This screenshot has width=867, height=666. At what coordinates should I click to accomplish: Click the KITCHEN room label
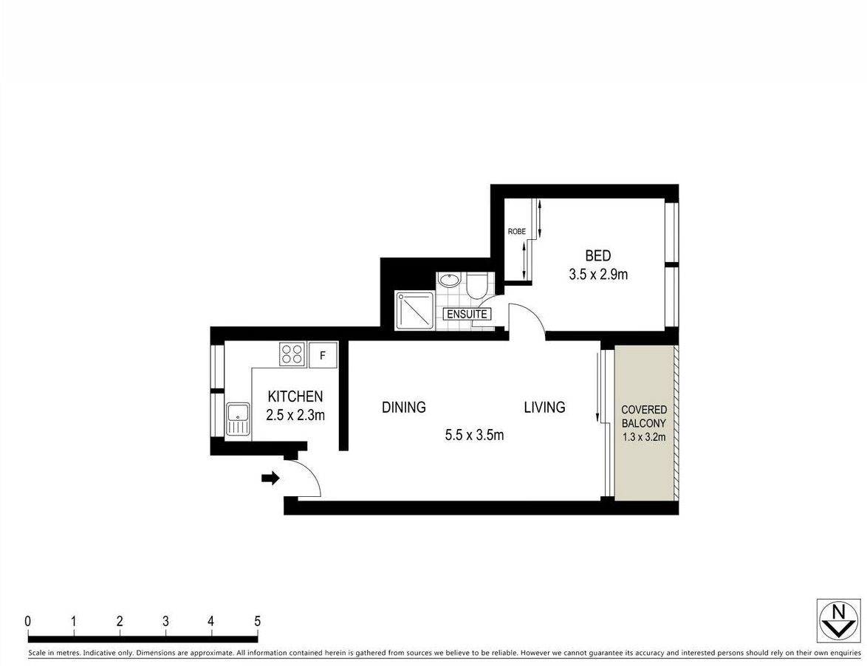(295, 396)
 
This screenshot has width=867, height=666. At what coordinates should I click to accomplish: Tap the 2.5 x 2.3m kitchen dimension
(295, 415)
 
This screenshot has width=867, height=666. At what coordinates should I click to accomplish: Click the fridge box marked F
(323, 354)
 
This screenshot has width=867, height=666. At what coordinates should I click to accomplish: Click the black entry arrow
(270, 478)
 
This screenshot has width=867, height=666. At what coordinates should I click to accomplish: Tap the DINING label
(404, 407)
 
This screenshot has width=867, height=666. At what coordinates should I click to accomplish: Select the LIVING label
(544, 407)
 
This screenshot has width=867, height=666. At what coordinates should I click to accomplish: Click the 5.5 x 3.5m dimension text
(474, 435)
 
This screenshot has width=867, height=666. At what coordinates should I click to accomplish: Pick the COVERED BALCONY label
(644, 416)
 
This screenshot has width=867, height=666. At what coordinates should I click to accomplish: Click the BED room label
(597, 256)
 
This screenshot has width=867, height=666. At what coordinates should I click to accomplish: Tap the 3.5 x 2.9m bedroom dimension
(597, 275)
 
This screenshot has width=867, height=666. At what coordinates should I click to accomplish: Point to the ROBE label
(516, 231)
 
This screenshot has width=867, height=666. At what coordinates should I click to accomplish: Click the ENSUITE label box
(467, 314)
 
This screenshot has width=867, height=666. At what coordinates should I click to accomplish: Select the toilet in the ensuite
(476, 284)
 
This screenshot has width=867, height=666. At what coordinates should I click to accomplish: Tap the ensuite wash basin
(448, 281)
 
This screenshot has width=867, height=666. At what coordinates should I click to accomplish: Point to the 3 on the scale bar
(165, 621)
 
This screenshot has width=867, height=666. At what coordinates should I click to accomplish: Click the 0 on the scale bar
(28, 621)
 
